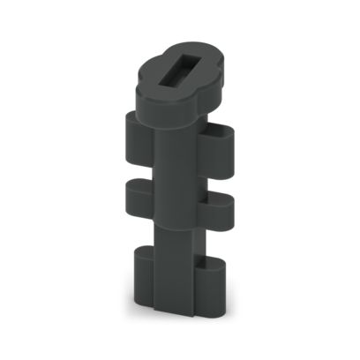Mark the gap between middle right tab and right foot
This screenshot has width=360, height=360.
click(217, 240)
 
